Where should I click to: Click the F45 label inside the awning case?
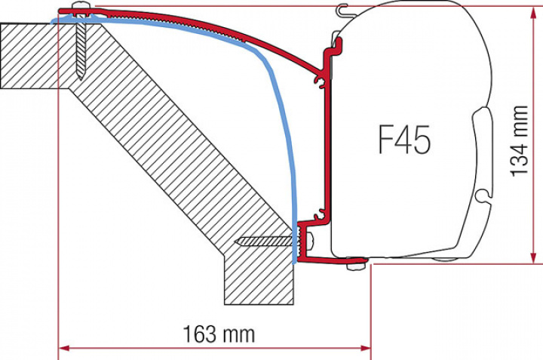pos(403,140)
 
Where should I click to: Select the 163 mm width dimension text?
pos(219,333)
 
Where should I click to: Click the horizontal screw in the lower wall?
pos(264,242)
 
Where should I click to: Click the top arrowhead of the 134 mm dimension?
pos(535,11)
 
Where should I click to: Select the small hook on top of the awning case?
pos(345,10)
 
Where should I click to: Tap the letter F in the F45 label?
pos(385,140)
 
